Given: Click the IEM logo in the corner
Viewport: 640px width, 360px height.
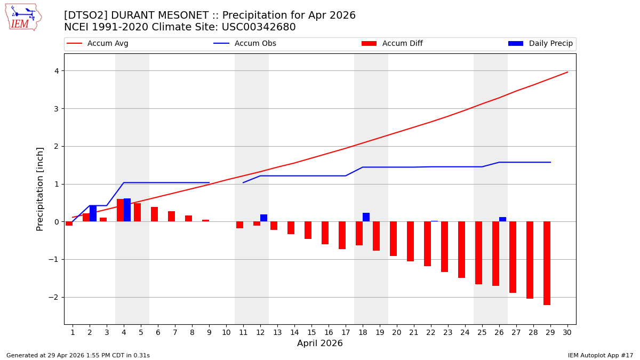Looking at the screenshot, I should tap(23, 17).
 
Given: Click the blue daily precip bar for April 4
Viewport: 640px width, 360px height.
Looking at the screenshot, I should tap(127, 210).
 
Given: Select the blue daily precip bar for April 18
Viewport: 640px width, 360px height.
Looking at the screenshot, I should tap(366, 217).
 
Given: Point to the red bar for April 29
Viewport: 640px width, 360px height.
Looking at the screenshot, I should tap(547, 263).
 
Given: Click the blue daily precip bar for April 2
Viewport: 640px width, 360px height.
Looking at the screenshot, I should tap(93, 213).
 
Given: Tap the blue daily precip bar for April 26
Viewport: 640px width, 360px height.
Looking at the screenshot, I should tap(502, 219).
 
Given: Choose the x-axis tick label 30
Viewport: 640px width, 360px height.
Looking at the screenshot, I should tap(567, 332).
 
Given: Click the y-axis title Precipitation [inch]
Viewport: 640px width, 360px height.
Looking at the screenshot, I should tap(40, 189).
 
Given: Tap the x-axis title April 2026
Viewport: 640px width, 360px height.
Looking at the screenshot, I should tap(320, 343).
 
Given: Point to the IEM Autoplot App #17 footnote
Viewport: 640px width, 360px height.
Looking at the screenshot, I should tap(601, 355).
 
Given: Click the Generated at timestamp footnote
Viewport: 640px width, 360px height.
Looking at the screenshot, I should tap(78, 355).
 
